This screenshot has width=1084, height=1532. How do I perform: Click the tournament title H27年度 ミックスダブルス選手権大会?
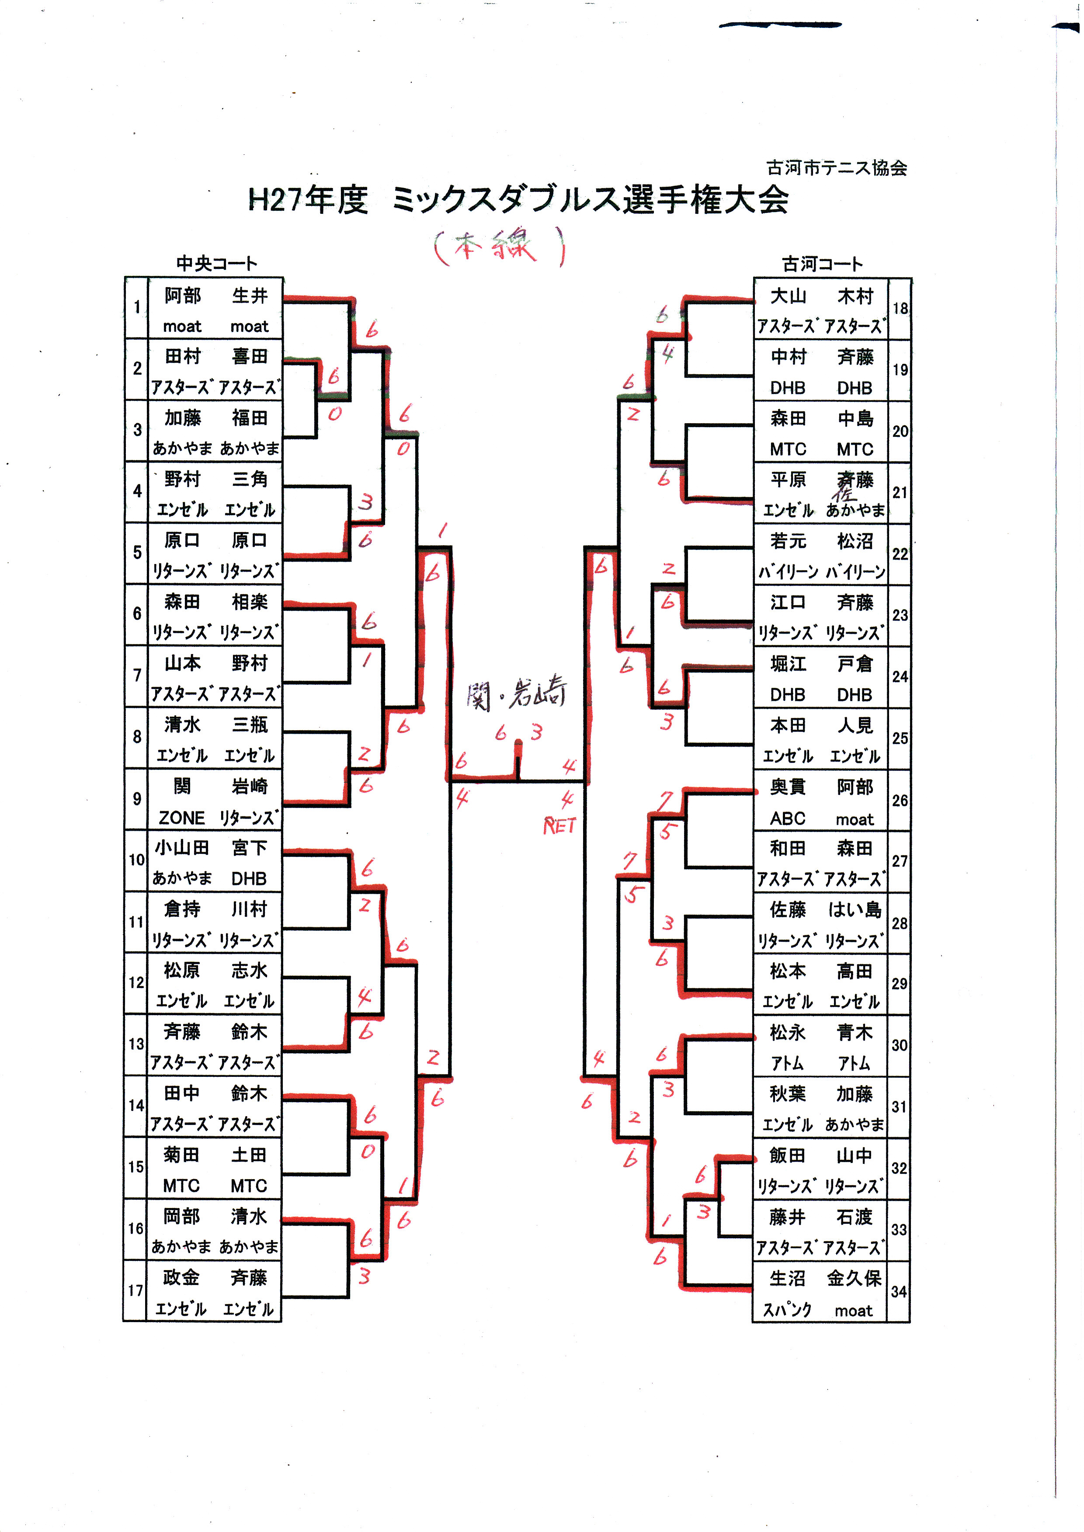click(x=518, y=200)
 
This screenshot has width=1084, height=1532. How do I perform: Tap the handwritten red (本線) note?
click(x=499, y=246)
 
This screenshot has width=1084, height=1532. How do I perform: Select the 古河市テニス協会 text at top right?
click(x=836, y=167)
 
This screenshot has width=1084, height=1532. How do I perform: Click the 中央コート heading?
click(x=216, y=264)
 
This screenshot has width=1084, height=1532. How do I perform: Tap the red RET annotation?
click(x=559, y=826)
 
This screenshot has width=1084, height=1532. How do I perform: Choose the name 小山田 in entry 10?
click(x=181, y=848)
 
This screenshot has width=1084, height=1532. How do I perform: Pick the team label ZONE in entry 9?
click(x=181, y=818)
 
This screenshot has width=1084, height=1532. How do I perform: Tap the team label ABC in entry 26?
click(x=788, y=818)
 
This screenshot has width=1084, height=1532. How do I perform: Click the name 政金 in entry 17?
click(x=181, y=1277)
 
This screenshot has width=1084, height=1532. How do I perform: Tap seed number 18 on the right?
click(x=900, y=308)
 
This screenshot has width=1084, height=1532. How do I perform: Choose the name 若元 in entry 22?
click(x=788, y=541)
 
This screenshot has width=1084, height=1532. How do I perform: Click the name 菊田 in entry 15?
click(x=181, y=1154)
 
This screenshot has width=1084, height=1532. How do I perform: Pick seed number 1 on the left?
click(x=137, y=307)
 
